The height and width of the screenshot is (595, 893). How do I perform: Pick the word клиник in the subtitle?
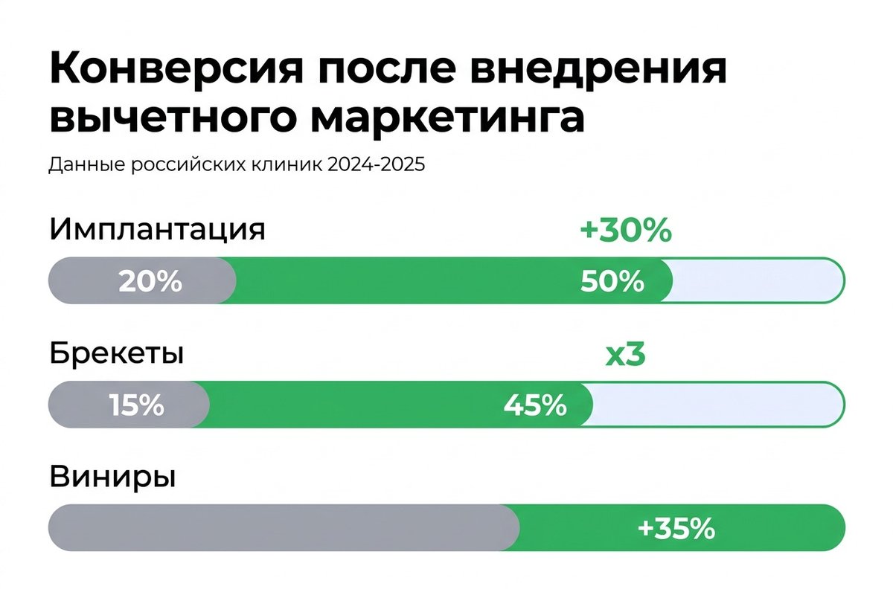click(x=287, y=164)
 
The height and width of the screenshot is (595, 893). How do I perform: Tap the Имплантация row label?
click(x=157, y=230)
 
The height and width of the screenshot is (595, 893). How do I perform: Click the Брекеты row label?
click(x=117, y=355)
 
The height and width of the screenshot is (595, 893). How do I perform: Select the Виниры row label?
click(x=112, y=476)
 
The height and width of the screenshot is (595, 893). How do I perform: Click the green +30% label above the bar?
click(x=625, y=231)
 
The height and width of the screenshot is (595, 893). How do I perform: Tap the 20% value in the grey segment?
click(x=150, y=282)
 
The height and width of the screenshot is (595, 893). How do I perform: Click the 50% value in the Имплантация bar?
click(x=612, y=282)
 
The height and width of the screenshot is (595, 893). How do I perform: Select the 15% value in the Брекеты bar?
click(x=136, y=406)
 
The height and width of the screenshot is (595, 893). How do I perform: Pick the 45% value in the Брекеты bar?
click(x=535, y=406)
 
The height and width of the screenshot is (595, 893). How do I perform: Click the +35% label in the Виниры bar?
click(x=676, y=529)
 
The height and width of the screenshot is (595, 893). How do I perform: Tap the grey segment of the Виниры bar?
click(x=283, y=528)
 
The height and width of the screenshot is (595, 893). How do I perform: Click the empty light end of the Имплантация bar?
click(x=755, y=280)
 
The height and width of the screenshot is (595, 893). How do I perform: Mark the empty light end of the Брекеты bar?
click(x=718, y=405)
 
